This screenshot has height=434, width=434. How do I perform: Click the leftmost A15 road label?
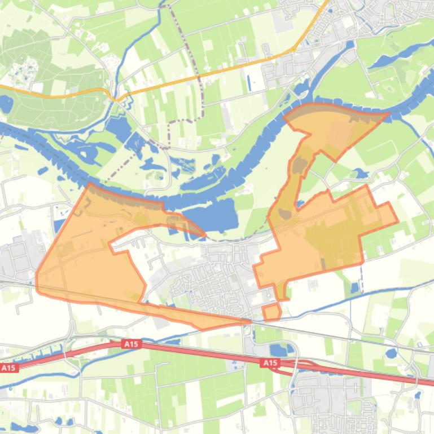(8, 367)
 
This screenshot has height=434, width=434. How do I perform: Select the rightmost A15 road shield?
(270, 364)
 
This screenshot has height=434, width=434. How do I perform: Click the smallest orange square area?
(271, 312)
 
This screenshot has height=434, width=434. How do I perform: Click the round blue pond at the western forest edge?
(6, 104)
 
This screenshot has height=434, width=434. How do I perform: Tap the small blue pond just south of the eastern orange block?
(354, 288)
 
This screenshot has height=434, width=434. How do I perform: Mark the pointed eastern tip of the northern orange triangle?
(388, 114)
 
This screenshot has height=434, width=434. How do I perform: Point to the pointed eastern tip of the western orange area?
(204, 234)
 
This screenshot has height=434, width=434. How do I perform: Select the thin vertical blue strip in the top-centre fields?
(249, 82)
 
